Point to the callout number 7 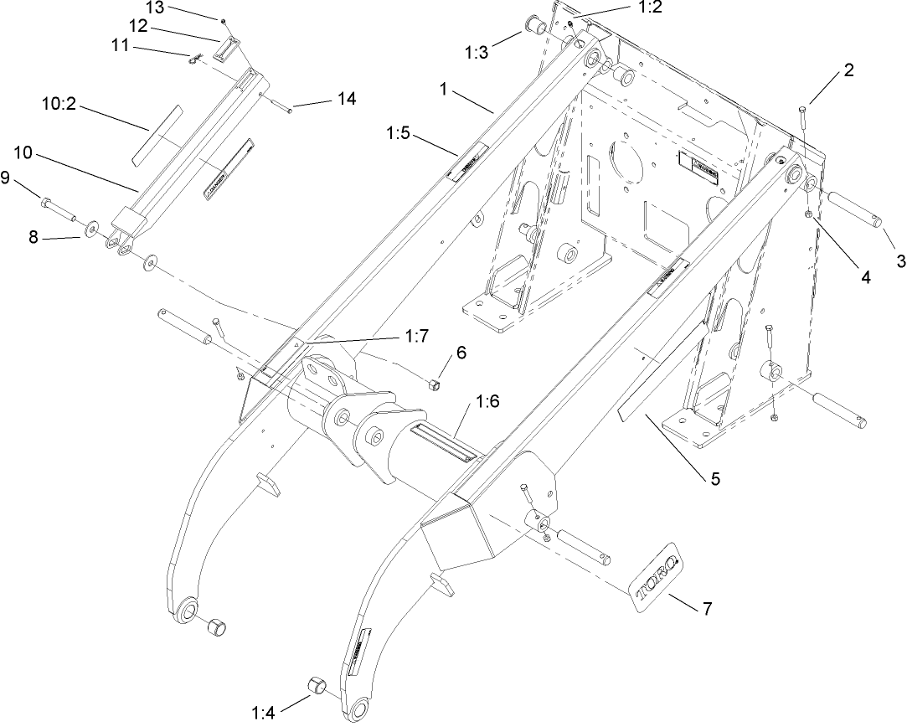707,609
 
